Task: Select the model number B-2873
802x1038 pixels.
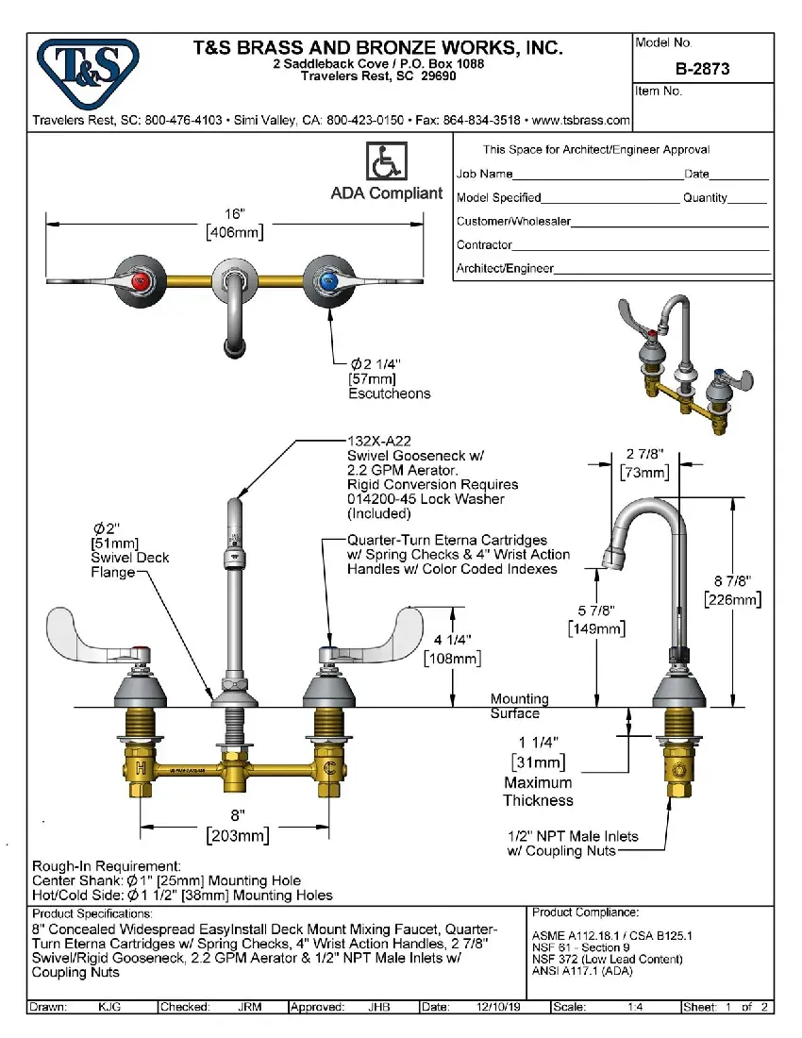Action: point(702,69)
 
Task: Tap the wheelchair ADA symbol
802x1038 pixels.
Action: point(386,162)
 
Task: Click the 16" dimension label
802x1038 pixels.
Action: point(234,214)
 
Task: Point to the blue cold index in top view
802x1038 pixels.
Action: point(327,280)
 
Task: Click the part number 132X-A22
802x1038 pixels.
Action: point(379,441)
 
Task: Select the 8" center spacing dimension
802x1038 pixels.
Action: point(238,814)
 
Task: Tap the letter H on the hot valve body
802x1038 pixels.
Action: point(141,767)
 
